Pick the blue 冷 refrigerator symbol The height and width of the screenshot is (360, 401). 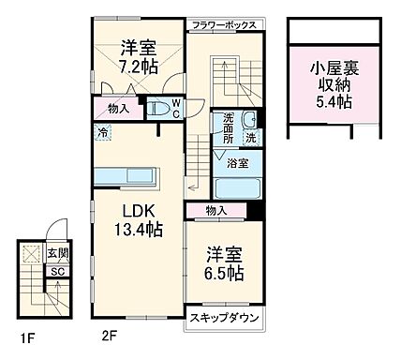pyautogui.click(x=102, y=133)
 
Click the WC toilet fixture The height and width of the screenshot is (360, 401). pyautogui.click(x=175, y=107)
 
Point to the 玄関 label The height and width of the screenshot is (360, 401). pyautogui.click(x=57, y=253)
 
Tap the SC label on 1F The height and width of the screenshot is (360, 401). pyautogui.click(x=56, y=272)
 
